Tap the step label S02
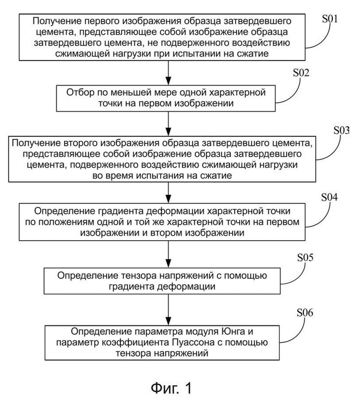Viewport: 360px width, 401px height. (301, 73)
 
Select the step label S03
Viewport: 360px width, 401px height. (342, 130)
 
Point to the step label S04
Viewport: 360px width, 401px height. (330, 197)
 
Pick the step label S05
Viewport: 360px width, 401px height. (305, 257)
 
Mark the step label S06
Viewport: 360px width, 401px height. (305, 312)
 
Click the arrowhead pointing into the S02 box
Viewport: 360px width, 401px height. (168, 81)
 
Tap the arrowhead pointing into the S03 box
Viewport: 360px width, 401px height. (168, 132)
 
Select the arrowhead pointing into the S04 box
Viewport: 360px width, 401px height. (168, 199)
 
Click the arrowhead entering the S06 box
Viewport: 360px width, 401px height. (168, 321)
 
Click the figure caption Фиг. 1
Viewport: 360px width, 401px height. (171, 388)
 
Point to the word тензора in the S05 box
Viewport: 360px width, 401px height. (136, 276)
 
